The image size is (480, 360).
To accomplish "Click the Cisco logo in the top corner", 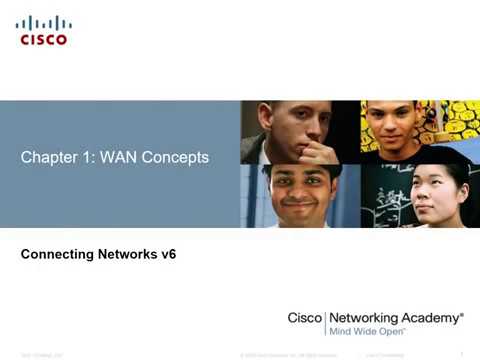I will [x=44, y=30].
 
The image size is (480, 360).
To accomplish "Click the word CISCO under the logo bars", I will [x=44, y=40].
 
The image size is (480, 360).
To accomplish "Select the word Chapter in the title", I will [x=48, y=158].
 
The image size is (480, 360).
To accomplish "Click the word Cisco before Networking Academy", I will [x=305, y=317].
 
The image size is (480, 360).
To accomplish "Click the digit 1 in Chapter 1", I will [x=84, y=158].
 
